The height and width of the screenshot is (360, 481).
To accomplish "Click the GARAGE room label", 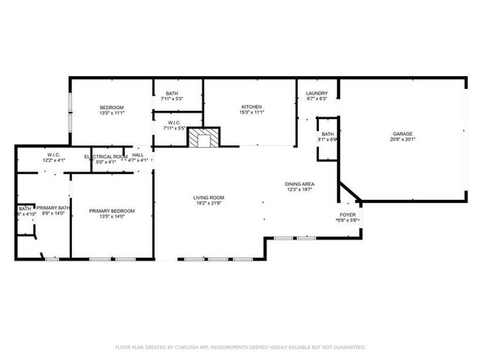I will click(x=402, y=133).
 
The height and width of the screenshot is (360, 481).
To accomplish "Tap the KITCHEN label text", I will click(x=252, y=108).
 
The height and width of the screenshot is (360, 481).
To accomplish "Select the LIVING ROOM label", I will click(x=208, y=198).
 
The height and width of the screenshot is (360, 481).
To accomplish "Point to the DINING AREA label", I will click(x=300, y=184).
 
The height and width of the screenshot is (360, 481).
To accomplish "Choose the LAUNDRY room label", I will click(x=317, y=94).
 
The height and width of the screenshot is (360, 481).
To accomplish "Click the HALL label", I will click(x=138, y=155).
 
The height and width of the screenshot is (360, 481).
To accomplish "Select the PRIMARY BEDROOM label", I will click(x=112, y=211).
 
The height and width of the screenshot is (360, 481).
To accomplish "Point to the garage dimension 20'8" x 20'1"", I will click(x=402, y=139).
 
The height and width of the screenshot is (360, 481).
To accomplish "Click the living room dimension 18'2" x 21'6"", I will click(x=208, y=204).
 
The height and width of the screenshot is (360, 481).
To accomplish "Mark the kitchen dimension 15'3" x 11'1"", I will click(x=252, y=113).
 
